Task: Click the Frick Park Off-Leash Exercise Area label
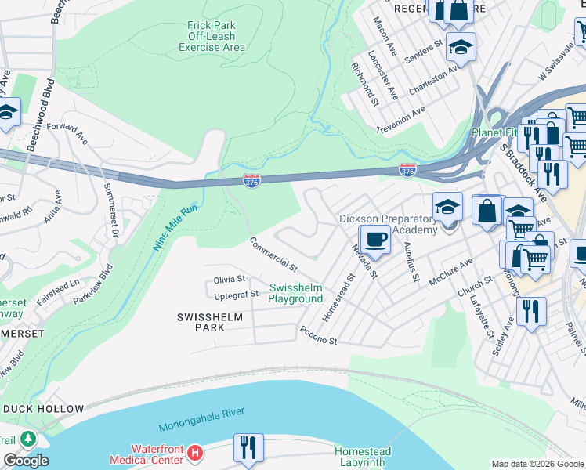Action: (x=212, y=36)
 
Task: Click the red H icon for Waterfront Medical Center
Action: (x=196, y=453)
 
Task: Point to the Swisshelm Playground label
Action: (x=295, y=293)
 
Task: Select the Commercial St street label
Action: (x=273, y=254)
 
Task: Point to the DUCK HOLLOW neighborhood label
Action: (x=43, y=409)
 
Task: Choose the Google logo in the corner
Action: (x=25, y=461)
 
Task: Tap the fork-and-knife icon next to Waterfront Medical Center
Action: (x=248, y=447)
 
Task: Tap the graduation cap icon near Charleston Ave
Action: (x=461, y=46)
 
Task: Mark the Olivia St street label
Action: (x=230, y=279)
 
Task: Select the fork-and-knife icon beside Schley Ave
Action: (x=532, y=312)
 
